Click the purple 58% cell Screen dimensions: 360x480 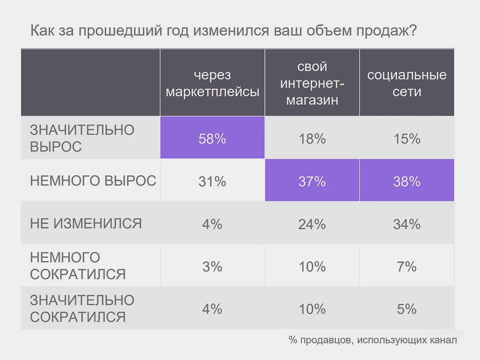(x=212, y=138)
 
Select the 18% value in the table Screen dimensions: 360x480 (x=312, y=138)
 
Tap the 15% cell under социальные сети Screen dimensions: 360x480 (x=407, y=138)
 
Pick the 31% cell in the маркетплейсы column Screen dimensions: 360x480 (x=212, y=181)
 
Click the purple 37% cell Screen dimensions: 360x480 (x=312, y=181)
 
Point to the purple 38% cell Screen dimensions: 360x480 (x=407, y=181)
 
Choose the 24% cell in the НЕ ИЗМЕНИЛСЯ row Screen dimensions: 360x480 (x=312, y=224)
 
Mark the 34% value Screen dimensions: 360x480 (x=407, y=224)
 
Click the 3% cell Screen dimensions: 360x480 (x=212, y=266)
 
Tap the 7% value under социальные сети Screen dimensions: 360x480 (x=407, y=266)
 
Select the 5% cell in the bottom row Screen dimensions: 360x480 (x=407, y=309)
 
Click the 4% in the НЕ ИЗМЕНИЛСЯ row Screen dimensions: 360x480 (x=212, y=224)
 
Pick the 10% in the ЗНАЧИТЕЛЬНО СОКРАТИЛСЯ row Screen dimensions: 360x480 (x=312, y=309)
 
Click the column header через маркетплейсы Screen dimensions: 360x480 (x=212, y=83)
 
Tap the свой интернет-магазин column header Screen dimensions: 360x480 (x=312, y=83)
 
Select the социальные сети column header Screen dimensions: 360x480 (x=407, y=83)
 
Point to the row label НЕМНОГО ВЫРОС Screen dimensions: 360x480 (x=93, y=181)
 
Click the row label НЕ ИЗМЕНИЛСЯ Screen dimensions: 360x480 (x=86, y=223)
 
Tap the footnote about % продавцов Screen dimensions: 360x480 (x=373, y=340)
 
